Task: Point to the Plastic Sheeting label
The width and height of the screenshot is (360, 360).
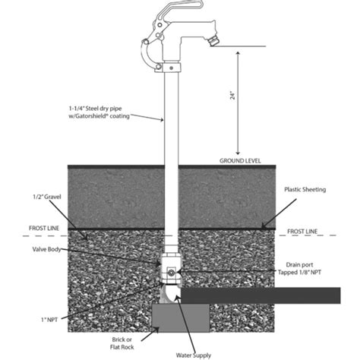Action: (x=305, y=189)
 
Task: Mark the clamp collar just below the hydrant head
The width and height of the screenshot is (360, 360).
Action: (x=172, y=70)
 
